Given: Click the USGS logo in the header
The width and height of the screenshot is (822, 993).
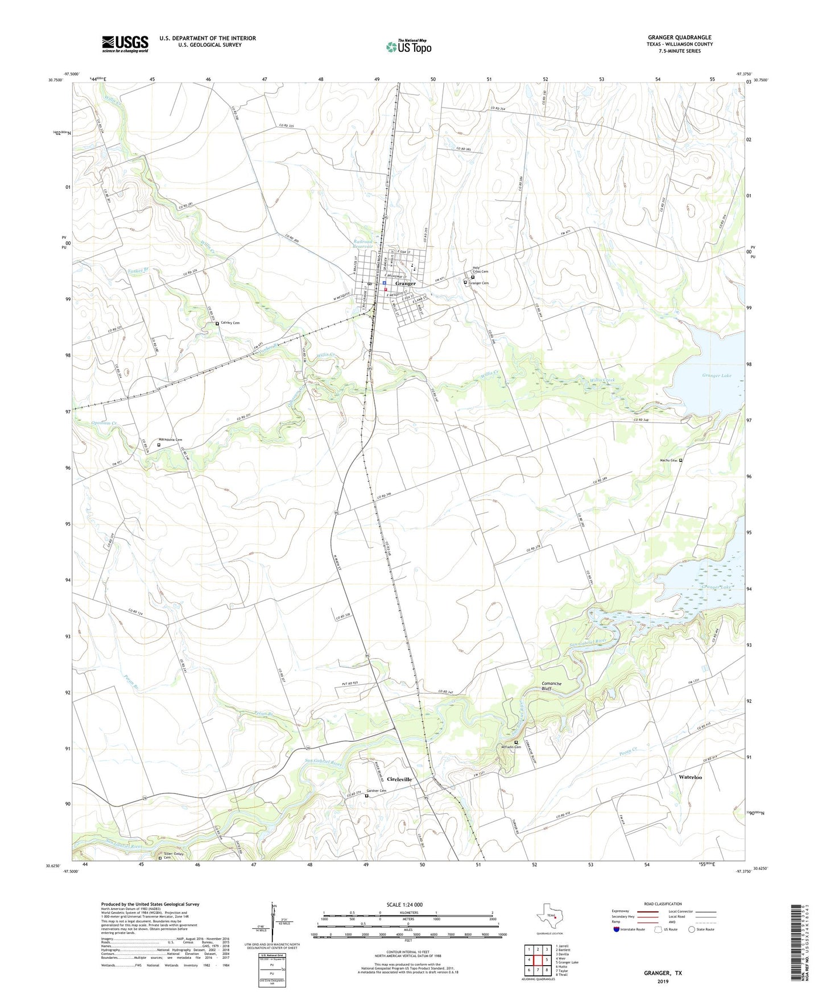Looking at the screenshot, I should pyautogui.click(x=125, y=44).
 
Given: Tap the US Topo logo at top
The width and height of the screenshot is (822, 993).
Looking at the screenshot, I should pyautogui.click(x=408, y=47).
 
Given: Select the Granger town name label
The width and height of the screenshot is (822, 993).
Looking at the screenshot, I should pyautogui.click(x=406, y=283).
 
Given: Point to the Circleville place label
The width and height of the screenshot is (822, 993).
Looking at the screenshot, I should pyautogui.click(x=399, y=779).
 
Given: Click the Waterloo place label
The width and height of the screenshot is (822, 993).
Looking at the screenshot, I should pyautogui.click(x=690, y=777).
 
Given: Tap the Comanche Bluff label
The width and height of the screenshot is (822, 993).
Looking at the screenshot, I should pyautogui.click(x=551, y=686).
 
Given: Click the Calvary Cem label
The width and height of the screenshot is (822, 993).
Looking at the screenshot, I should pyautogui.click(x=230, y=323).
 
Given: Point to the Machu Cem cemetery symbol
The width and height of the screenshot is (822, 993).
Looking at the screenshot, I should pyautogui.click(x=681, y=461).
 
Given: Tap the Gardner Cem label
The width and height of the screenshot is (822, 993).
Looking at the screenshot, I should pyautogui.click(x=376, y=791).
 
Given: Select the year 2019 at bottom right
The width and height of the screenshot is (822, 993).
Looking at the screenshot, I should pyautogui.click(x=663, y=982).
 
